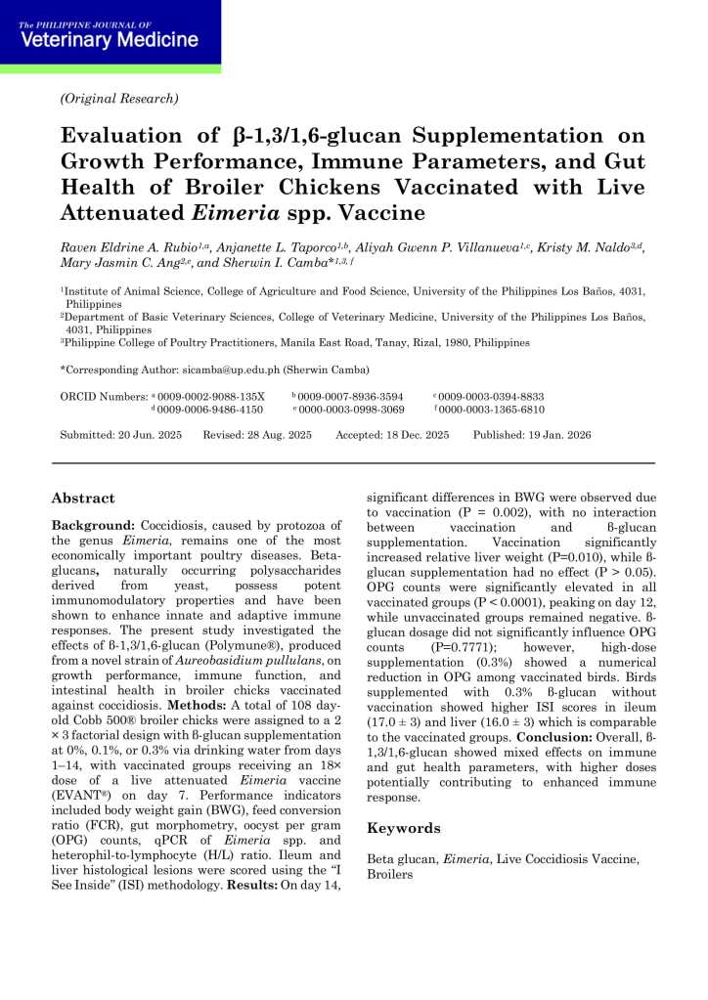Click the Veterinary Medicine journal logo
[110, 36]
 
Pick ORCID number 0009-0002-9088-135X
[210, 396]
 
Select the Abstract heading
[83, 498]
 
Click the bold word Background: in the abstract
[93, 526]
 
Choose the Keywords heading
[403, 828]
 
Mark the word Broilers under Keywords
[391, 874]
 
